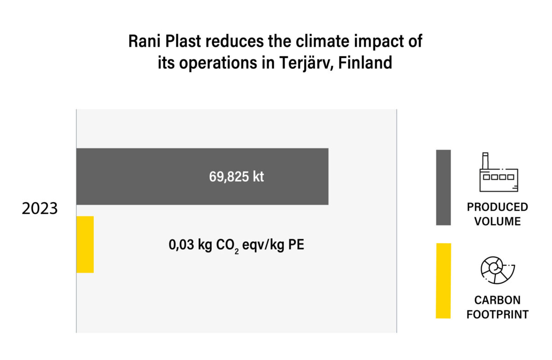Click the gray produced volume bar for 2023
202,176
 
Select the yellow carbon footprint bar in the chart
85,245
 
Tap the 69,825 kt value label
236,177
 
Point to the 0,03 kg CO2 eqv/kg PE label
236,246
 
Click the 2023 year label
40,208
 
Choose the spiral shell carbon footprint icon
498,270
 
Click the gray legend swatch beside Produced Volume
443,188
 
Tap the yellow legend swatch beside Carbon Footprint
443,281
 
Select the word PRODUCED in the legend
498,207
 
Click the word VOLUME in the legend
498,221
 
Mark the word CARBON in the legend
498,300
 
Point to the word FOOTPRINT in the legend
498,314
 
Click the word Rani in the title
144,41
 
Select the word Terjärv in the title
306,63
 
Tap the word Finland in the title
365,63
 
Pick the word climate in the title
322,41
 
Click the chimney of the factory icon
485,161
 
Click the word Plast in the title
183,41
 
